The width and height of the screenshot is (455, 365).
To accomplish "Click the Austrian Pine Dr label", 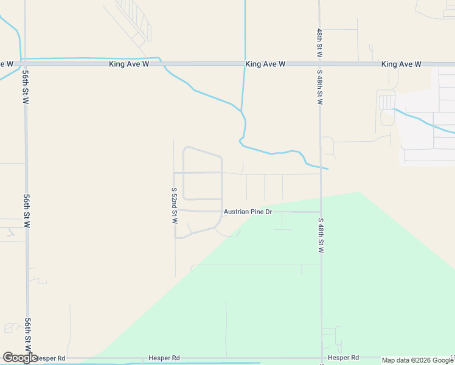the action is point(247,212).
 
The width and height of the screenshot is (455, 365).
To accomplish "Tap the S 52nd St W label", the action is point(174,205).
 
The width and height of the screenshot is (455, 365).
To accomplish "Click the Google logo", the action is point(20,358).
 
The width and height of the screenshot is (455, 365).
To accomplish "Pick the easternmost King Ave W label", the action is point(401,64).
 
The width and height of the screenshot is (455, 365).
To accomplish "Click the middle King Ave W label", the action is point(265,64).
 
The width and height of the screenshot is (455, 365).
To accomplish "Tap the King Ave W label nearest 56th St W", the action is point(129,64).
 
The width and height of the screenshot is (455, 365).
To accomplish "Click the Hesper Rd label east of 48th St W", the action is point(343,358).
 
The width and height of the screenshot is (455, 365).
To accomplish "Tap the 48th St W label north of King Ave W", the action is point(319,43).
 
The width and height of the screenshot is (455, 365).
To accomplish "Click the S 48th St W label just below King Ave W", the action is point(319,87).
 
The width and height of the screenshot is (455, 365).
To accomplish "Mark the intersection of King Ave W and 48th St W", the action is point(320,63).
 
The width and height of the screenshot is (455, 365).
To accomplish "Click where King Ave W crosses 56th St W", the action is point(25,63).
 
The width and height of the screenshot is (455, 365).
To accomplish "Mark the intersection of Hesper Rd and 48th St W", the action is point(321,358).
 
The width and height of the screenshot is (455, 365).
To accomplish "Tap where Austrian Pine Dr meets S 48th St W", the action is point(321,212).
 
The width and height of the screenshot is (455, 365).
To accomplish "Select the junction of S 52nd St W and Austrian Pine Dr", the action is point(175,210).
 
